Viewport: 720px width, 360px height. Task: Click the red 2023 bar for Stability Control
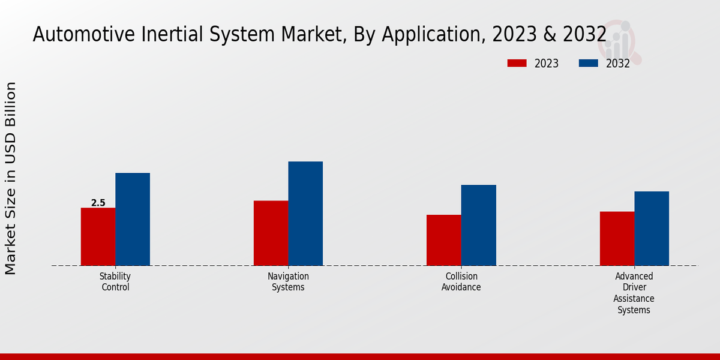coord(98,236)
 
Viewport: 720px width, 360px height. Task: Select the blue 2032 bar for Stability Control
coord(133,219)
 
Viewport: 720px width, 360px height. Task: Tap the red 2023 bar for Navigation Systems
coord(271,233)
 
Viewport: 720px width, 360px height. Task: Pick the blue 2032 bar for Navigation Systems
coord(305,214)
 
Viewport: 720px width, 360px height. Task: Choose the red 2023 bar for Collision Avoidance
coord(444,240)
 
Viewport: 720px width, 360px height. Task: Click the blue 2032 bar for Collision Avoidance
coord(479,225)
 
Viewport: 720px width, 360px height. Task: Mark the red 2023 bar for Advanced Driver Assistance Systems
coord(617,238)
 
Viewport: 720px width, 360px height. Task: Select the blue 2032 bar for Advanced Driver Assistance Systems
coord(652,229)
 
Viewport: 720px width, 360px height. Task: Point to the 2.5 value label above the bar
coord(98,203)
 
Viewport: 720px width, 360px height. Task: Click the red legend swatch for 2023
coord(517,63)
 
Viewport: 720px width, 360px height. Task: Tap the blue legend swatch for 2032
coord(588,63)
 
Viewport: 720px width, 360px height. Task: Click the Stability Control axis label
coord(115,281)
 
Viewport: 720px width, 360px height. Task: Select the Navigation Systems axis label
coord(288,281)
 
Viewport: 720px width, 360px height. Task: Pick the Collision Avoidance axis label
coord(461,281)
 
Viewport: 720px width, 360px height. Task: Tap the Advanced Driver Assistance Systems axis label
coord(634,293)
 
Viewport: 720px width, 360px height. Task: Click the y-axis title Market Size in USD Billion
coord(11,178)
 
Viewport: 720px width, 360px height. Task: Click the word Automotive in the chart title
coord(85,34)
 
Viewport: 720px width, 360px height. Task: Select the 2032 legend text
coord(618,64)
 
